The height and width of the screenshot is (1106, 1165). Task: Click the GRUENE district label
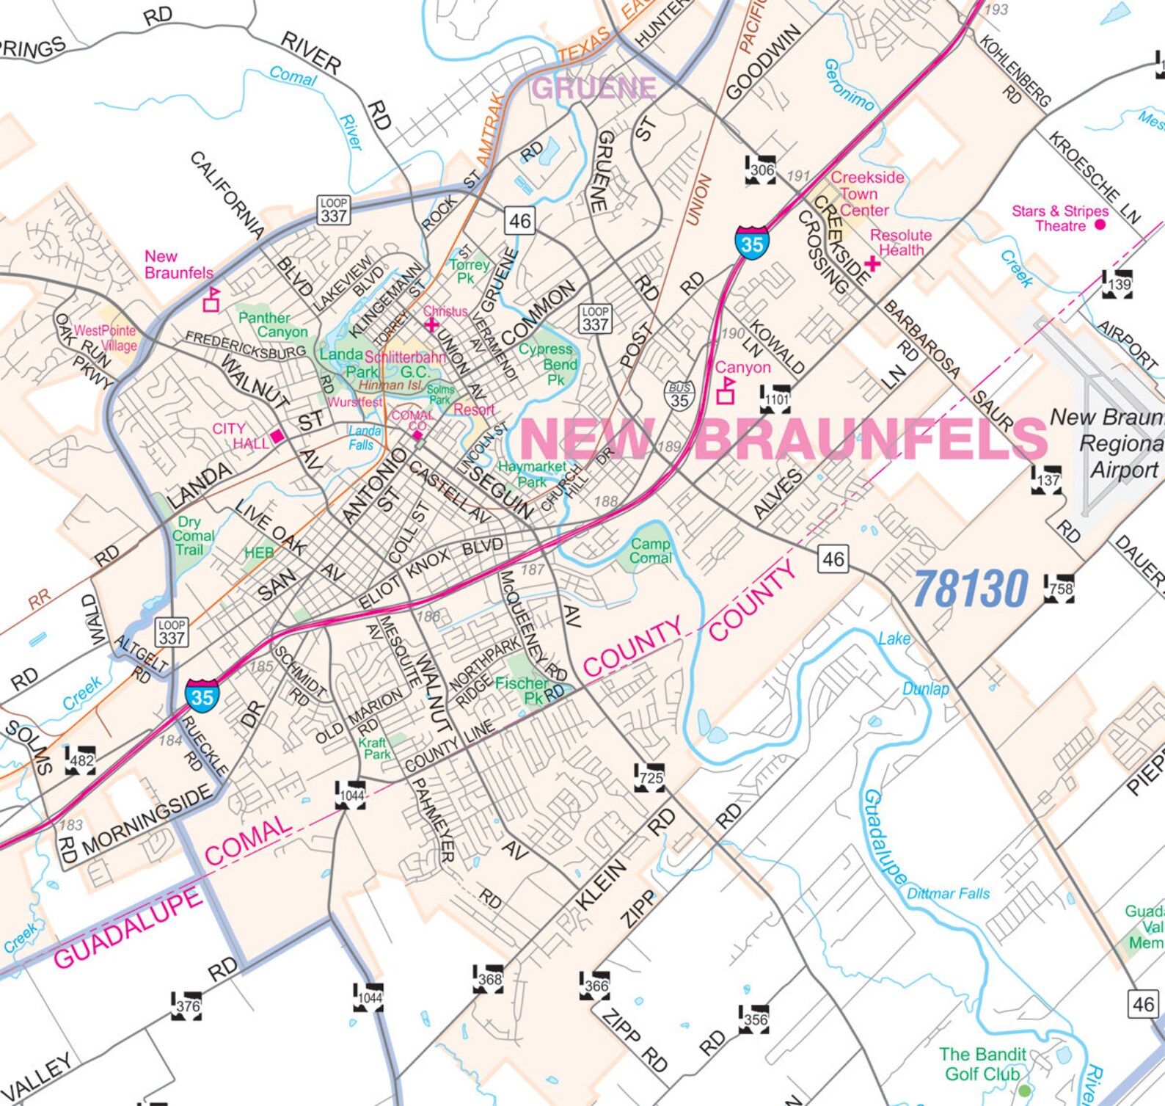pyautogui.click(x=594, y=88)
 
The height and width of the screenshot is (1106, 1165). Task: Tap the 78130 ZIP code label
pyautogui.click(x=971, y=589)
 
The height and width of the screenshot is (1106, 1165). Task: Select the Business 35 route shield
pyautogui.click(x=679, y=396)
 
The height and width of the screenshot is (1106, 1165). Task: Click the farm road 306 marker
pyautogui.click(x=761, y=170)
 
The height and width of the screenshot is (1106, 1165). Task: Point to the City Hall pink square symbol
pyautogui.click(x=277, y=436)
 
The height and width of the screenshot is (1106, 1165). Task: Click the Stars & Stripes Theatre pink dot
pyautogui.click(x=1100, y=225)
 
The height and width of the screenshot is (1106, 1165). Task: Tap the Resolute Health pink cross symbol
pyautogui.click(x=872, y=263)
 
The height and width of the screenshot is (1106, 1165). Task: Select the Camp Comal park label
pyautogui.click(x=650, y=550)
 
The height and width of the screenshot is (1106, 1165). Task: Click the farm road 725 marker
pyautogui.click(x=650, y=777)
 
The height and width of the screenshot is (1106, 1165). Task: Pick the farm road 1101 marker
pyautogui.click(x=775, y=399)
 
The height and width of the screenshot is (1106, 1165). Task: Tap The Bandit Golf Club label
pyautogui.click(x=982, y=1063)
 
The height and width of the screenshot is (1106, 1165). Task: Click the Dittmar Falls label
pyautogui.click(x=948, y=893)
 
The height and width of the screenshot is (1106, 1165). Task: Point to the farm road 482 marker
pyautogui.click(x=81, y=760)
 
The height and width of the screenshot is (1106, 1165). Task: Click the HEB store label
pyautogui.click(x=259, y=553)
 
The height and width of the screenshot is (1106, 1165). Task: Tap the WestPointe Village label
pyautogui.click(x=106, y=338)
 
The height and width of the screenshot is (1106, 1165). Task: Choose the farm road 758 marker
pyautogui.click(x=1060, y=589)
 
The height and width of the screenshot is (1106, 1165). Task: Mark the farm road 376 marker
pyautogui.click(x=187, y=1006)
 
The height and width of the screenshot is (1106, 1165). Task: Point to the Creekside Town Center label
pyautogui.click(x=866, y=194)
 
